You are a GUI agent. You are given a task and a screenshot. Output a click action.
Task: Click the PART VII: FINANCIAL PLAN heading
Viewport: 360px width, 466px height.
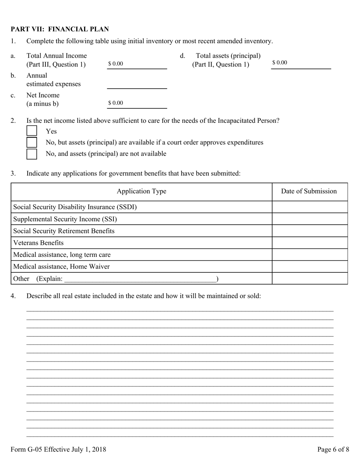pos(59,29)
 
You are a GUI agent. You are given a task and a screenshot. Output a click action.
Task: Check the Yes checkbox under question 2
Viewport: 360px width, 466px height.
pos(32,131)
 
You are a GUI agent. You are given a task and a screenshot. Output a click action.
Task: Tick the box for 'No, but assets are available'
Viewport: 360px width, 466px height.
pos(32,142)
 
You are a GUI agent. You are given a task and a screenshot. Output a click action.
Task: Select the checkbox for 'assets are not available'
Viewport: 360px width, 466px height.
pos(32,154)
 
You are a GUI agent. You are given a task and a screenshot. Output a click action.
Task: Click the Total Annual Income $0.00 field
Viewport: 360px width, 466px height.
pos(137,64)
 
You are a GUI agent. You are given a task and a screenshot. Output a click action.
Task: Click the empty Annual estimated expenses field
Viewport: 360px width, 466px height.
pos(137,84)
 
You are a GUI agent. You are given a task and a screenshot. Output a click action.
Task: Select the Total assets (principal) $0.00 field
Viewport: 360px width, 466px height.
pos(301,63)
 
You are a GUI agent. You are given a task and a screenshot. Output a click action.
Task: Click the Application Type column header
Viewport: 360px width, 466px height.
pos(141,191)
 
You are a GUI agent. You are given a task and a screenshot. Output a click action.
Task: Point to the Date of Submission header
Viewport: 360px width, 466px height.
pos(309,191)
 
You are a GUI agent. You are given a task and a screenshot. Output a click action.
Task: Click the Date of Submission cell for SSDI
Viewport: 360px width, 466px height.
pos(310,207)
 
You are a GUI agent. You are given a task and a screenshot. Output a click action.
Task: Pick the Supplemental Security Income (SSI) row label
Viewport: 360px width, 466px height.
pos(65,219)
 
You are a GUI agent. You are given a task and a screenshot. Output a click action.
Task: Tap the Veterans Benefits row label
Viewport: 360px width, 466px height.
pos(38,242)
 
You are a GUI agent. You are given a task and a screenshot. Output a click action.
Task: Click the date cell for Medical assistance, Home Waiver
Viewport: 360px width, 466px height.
pos(310,266)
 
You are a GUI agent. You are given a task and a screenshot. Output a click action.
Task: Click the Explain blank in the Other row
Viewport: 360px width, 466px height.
pos(140,279)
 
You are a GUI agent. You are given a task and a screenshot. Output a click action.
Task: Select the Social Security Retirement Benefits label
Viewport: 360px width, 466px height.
pos(64,231)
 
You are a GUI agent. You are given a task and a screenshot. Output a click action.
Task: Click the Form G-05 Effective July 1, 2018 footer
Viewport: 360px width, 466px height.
pos(58,449)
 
